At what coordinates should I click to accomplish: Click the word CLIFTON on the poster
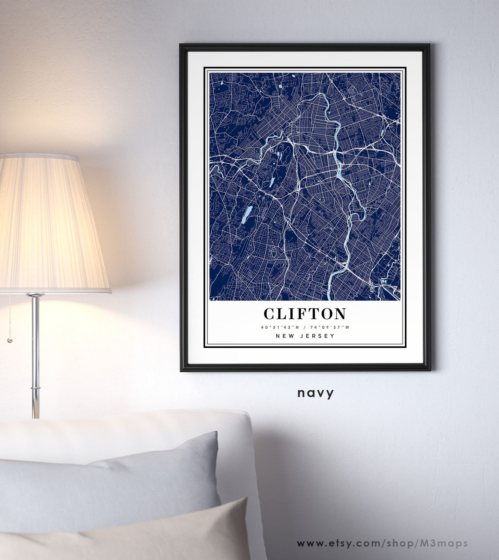(305, 313)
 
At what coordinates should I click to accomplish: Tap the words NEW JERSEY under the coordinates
(305, 336)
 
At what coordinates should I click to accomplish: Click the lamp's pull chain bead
(9, 341)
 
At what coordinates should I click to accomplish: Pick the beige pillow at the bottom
(132, 534)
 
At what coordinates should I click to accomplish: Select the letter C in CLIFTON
(270, 313)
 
